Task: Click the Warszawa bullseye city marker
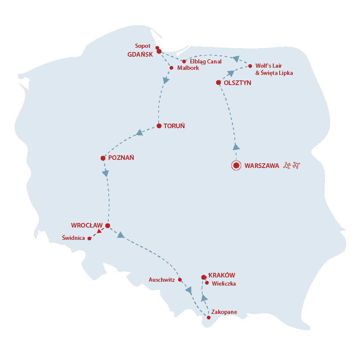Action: tap(236, 165)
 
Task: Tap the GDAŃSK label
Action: tap(140, 55)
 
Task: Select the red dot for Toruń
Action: tap(159, 126)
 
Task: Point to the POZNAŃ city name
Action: tap(121, 158)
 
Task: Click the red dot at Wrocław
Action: tap(107, 225)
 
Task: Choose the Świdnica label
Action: tap(74, 238)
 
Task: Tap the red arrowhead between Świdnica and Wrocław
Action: tap(99, 231)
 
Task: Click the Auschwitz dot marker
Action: tap(180, 280)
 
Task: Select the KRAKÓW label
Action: tap(222, 275)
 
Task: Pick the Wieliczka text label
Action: tap(224, 283)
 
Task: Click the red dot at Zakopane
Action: tap(209, 318)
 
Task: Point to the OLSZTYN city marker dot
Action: tap(218, 82)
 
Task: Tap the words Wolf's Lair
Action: tap(269, 66)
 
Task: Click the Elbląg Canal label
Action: tap(206, 61)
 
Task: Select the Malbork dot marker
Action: tap(171, 68)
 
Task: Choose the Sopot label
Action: tap(143, 46)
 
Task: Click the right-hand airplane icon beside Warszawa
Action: tap(296, 165)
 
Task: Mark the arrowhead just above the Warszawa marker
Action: tap(236, 147)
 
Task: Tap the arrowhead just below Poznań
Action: tap(106, 173)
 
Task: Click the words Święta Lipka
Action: tap(277, 73)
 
